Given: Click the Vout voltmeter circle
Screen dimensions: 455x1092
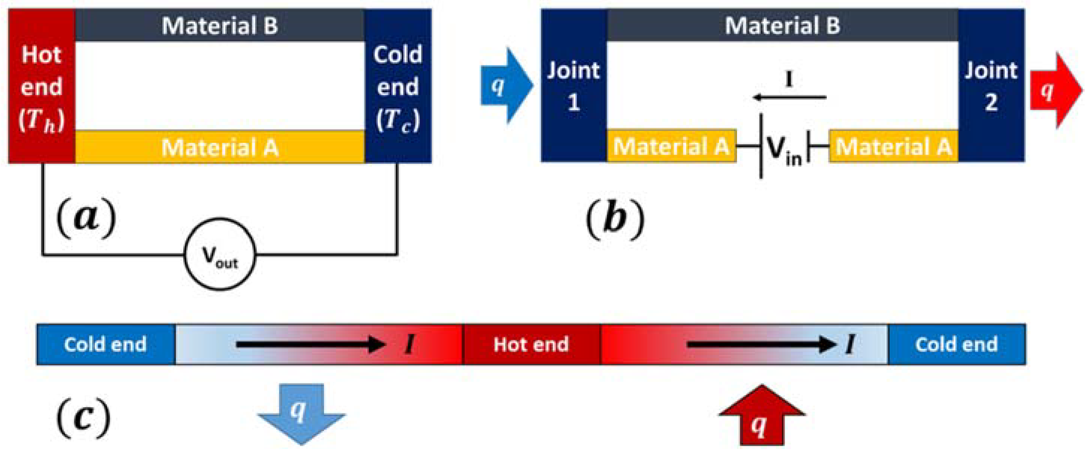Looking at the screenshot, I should coord(220,254).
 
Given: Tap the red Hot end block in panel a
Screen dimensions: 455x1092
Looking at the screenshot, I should coord(42,86).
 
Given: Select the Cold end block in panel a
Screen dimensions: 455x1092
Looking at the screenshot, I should coord(398,86).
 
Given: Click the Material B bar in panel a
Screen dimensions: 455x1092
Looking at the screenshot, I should coord(220,25).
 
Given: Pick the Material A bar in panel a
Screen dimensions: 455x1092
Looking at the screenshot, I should coord(220,147).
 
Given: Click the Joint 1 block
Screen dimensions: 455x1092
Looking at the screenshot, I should coord(573,86).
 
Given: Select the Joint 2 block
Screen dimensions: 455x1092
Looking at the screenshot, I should coord(991,86).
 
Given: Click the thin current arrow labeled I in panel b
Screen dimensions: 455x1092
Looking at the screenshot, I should coord(789,97).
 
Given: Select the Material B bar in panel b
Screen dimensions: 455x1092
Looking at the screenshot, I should coord(782,25).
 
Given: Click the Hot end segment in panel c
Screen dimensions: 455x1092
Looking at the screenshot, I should coord(531,344).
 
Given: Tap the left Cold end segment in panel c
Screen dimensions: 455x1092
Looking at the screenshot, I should coord(105,344).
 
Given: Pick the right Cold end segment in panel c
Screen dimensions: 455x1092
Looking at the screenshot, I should coord(956,344).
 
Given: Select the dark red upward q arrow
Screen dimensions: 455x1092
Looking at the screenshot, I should coord(761,417).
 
